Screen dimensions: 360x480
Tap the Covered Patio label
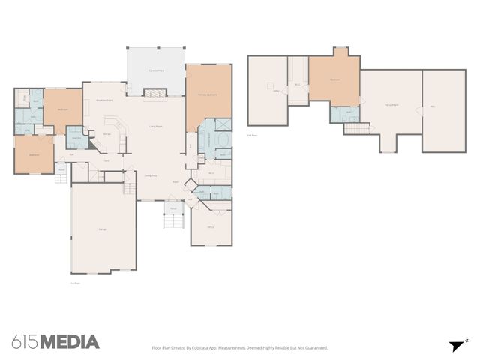pos(156,70)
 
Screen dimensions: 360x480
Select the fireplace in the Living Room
pos(154,93)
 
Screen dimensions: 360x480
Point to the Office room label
pos(211,227)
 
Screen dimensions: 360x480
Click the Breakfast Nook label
pos(104,100)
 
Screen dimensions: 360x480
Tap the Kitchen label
pos(107,134)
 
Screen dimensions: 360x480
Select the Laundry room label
pos(76,138)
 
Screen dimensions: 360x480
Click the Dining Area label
pos(150,175)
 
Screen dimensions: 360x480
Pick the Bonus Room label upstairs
pos(391,105)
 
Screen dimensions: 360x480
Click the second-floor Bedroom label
pos(334,79)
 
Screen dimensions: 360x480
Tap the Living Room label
pos(156,127)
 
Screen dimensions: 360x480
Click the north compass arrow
pos(456,345)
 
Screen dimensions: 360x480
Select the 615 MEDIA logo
pos(55,342)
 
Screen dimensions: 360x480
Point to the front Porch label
pos(172,208)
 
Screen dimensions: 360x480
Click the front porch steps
pos(174,223)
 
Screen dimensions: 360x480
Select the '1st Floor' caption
pos(74,283)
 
